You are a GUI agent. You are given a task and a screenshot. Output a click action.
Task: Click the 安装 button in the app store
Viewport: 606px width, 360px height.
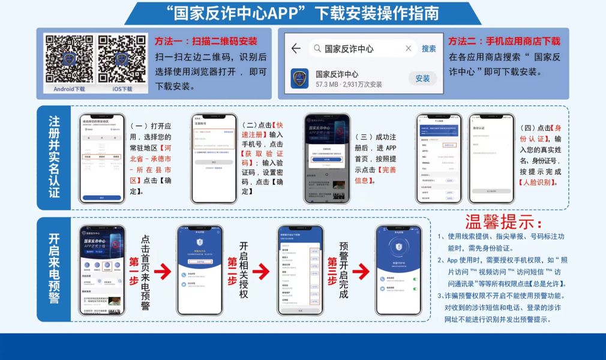point(422,78)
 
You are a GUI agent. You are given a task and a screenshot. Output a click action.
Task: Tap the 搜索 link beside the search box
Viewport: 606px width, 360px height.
point(428,49)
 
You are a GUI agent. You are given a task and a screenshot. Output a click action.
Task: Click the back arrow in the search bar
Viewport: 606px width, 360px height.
point(295,49)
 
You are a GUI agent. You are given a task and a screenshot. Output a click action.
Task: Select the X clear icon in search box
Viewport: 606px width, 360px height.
point(409,49)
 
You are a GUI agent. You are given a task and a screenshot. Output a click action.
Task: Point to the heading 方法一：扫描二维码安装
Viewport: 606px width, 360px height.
point(206,41)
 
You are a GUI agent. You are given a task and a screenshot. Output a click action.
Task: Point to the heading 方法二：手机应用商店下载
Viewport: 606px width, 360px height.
point(505,41)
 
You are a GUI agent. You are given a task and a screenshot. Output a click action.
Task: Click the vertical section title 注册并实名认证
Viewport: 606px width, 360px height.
point(54,157)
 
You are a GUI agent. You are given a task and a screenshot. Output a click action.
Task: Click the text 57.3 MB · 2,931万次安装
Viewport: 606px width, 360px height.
point(349,85)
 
